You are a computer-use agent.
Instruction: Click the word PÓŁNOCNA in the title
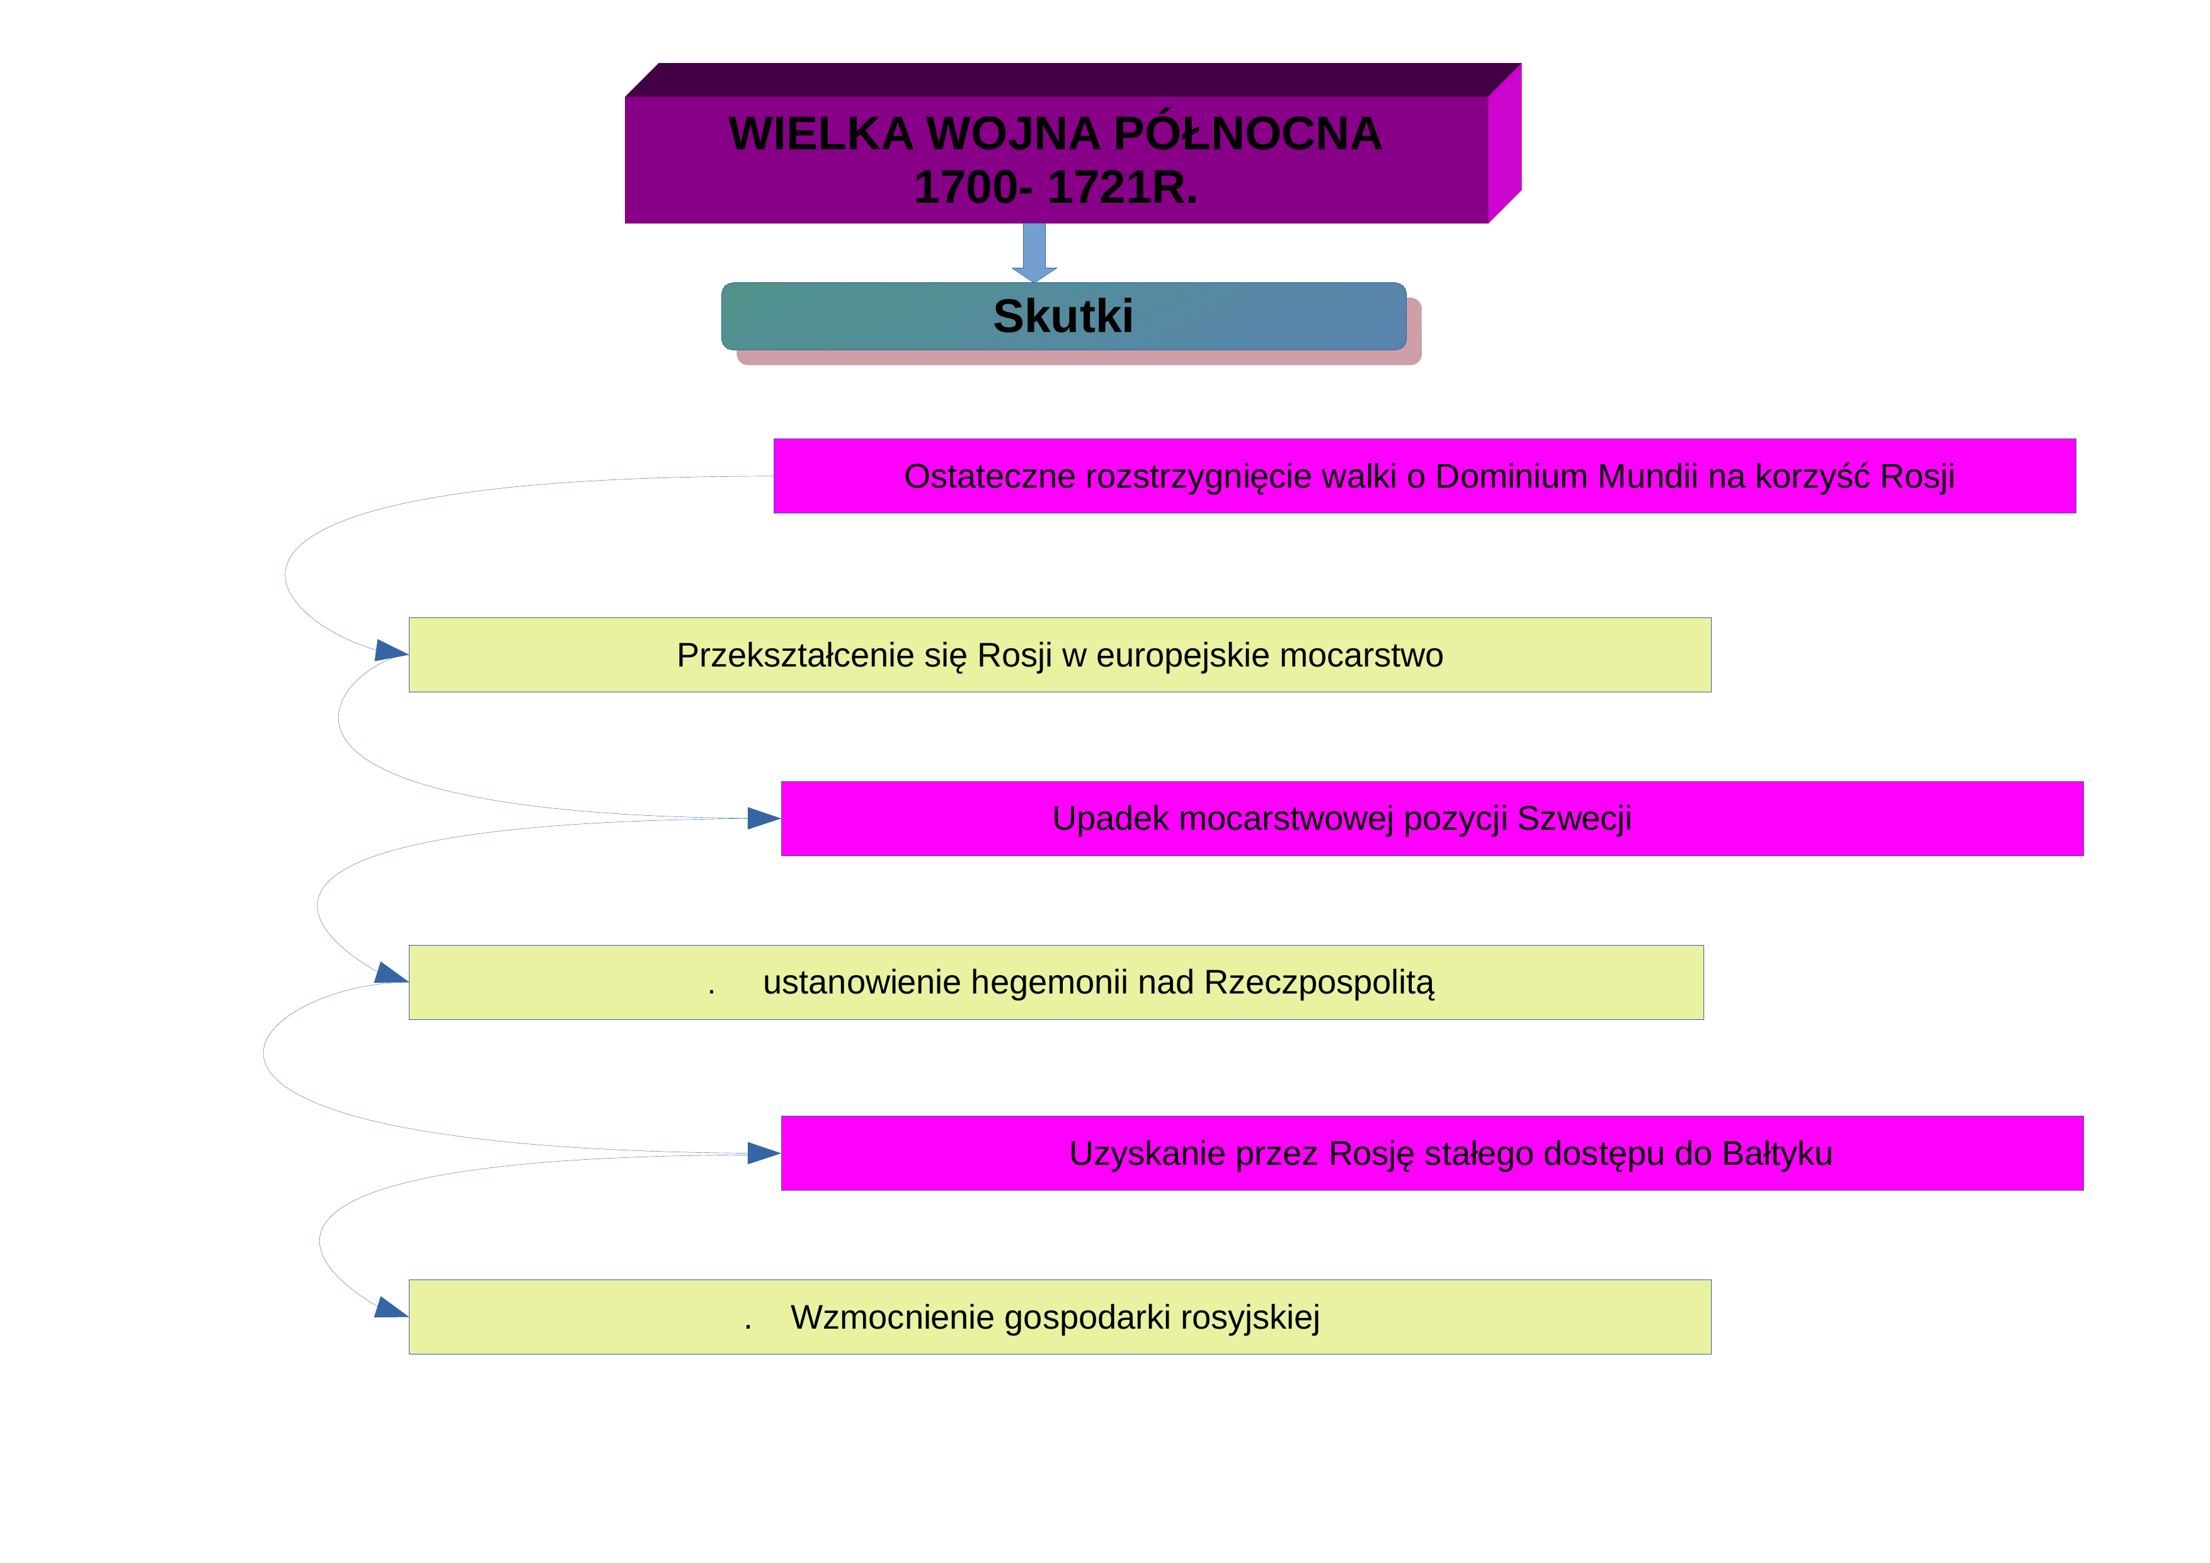(1247, 133)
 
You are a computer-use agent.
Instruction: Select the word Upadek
(1111, 819)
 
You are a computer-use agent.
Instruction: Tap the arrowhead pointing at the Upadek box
(764, 819)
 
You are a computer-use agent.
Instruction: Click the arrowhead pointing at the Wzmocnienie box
(391, 1308)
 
